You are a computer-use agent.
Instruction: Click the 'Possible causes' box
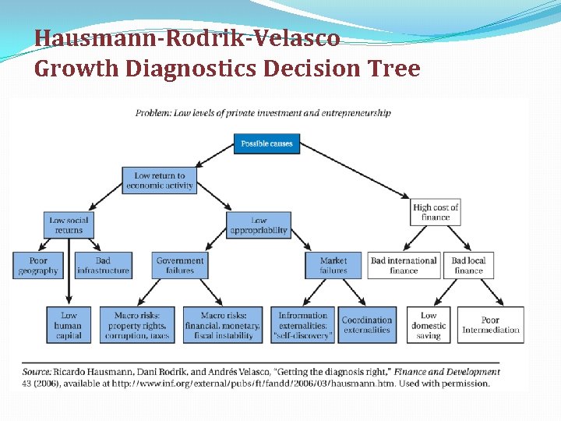[x=266, y=143]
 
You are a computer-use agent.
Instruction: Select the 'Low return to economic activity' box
[x=159, y=181]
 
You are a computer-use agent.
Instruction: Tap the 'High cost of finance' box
[x=436, y=212]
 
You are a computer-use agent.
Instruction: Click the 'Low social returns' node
[x=69, y=225]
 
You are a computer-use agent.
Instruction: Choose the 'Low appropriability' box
[x=259, y=225]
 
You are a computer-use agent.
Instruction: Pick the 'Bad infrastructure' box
[x=103, y=265]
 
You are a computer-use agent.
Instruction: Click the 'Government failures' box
[x=180, y=265]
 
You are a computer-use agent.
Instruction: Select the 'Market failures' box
[x=333, y=265]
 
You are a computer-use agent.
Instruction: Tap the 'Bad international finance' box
[x=404, y=265]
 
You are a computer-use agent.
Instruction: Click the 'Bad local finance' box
[x=468, y=265]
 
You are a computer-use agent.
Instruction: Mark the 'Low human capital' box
[x=69, y=325]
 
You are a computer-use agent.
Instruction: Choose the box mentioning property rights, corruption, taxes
[x=136, y=325]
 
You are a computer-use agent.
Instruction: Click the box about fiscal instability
[x=222, y=325]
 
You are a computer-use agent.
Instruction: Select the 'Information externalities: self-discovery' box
[x=303, y=325]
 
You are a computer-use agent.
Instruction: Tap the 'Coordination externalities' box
[x=366, y=325]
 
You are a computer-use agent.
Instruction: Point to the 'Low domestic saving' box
[x=429, y=325]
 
